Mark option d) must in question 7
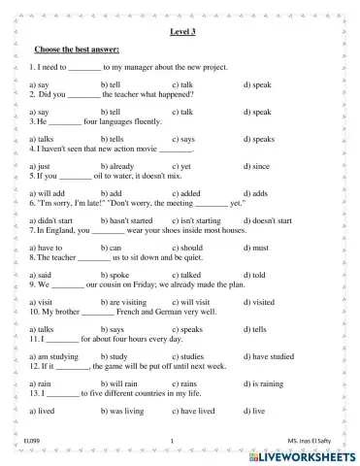tap(255, 248)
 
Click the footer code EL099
tap(46, 442)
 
